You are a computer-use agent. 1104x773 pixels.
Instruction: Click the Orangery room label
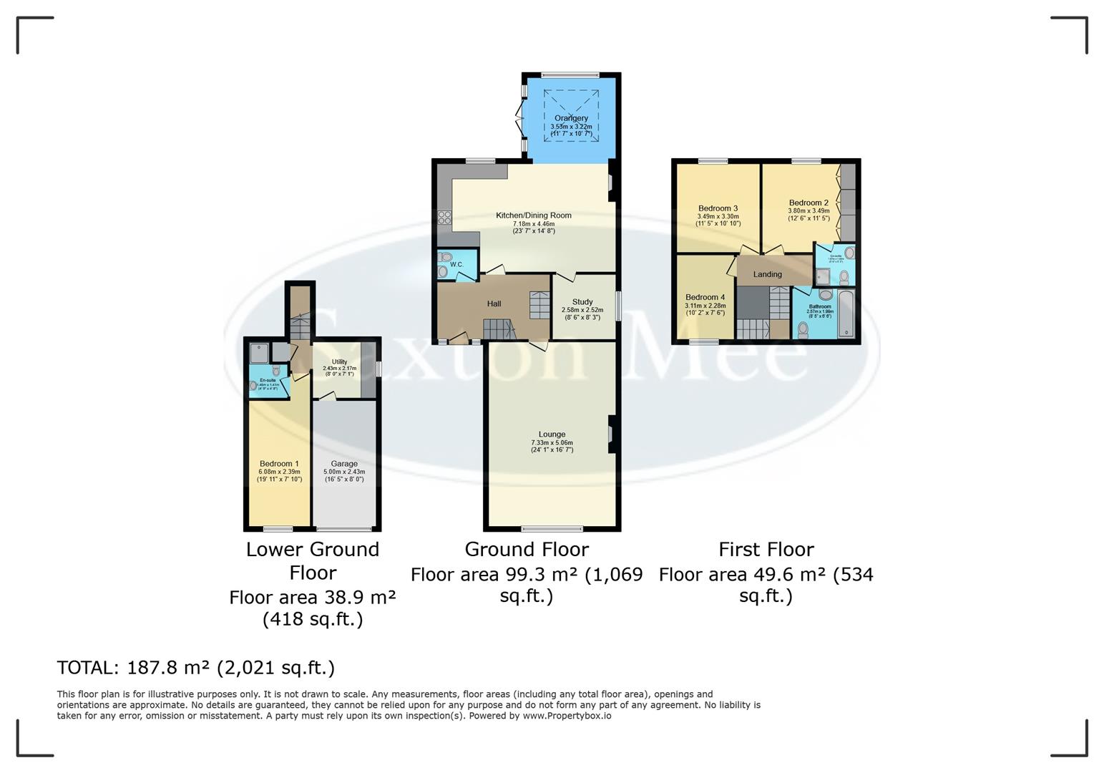point(571,118)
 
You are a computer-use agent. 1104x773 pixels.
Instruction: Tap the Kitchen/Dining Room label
point(534,215)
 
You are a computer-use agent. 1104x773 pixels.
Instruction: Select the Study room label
point(582,302)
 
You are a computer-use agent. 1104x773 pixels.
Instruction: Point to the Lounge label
point(552,434)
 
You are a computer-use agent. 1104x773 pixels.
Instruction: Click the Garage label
point(344,464)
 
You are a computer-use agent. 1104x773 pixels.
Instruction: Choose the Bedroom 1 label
point(279,464)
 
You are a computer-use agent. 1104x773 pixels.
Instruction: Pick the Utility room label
point(339,362)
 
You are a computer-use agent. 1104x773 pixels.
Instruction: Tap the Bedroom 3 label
point(718,208)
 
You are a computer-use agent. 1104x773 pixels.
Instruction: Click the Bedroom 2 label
point(809,203)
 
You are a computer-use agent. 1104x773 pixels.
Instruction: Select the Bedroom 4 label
point(705,297)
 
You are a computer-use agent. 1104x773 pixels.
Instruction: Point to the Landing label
point(767,274)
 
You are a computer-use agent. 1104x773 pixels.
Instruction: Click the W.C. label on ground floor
point(456,265)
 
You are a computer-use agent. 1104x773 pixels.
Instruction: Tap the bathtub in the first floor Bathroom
point(846,313)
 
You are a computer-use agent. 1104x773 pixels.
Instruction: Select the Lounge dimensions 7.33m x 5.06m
point(552,443)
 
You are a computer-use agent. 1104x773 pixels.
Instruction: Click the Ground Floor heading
point(527,549)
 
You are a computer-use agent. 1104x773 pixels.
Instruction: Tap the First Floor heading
point(766,549)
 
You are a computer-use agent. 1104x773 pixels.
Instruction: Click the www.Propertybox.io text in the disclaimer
point(567,715)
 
